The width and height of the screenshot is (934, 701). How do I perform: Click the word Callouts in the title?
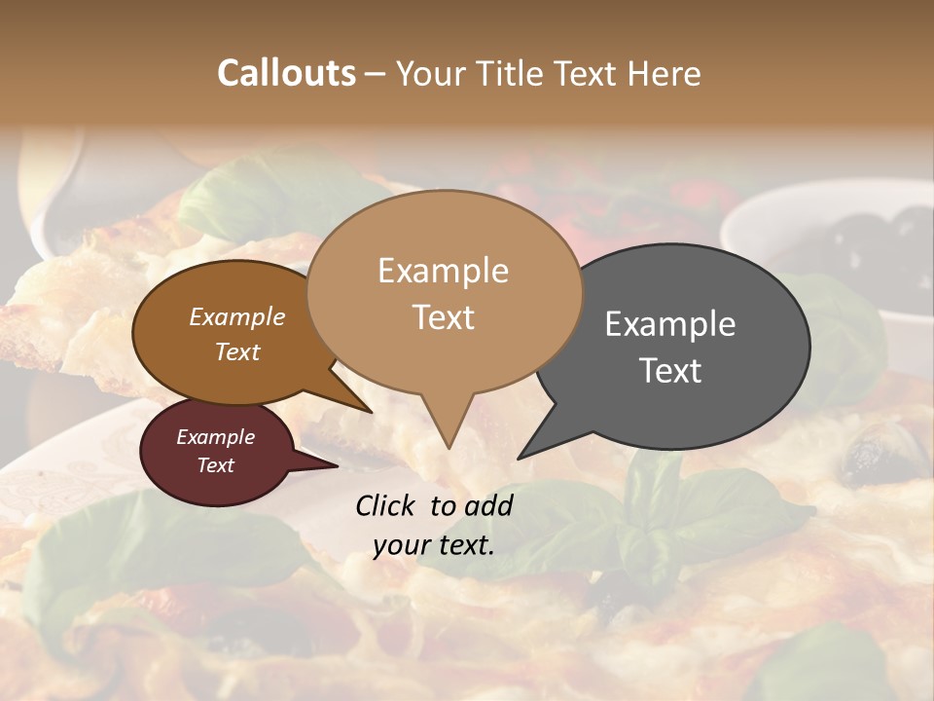286,73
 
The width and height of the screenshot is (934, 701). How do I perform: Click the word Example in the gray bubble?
670,324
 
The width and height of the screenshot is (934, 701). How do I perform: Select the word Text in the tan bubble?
444,317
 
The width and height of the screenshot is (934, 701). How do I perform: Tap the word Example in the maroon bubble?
216,437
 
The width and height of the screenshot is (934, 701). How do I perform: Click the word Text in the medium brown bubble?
237,351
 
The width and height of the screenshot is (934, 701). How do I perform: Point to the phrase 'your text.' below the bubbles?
434,545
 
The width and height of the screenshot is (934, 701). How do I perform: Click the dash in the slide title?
376,74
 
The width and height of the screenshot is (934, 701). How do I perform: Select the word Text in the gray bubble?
671,371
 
